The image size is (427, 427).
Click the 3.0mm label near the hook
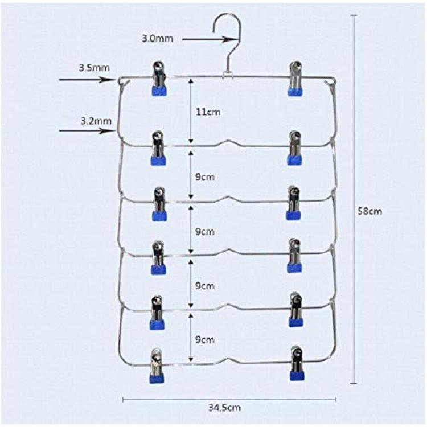point(157,38)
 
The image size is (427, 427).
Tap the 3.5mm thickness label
point(94,68)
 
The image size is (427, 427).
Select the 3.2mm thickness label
point(96,121)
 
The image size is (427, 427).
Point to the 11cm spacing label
point(208,112)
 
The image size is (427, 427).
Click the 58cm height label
point(370,211)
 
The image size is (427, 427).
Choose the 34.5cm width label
point(225,408)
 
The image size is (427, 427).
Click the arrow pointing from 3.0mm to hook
point(208,39)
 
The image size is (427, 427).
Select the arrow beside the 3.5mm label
point(87,80)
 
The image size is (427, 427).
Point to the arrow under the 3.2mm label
point(87,131)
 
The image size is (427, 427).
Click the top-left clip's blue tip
point(159,91)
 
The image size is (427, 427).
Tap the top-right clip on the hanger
point(295,79)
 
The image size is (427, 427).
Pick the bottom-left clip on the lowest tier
point(157,366)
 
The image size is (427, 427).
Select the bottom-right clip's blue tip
point(297,376)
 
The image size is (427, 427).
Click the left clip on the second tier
point(158,148)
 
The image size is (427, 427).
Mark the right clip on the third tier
point(293,203)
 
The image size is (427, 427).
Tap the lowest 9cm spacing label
point(205,339)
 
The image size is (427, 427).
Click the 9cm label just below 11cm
point(205,177)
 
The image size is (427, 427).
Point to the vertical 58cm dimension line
point(354,199)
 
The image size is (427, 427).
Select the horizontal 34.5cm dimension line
point(229,400)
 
